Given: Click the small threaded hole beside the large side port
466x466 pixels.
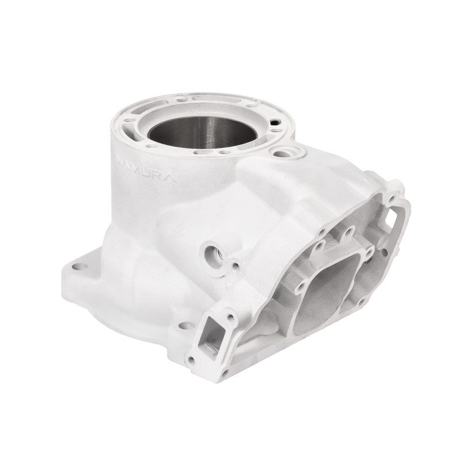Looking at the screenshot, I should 235,267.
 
